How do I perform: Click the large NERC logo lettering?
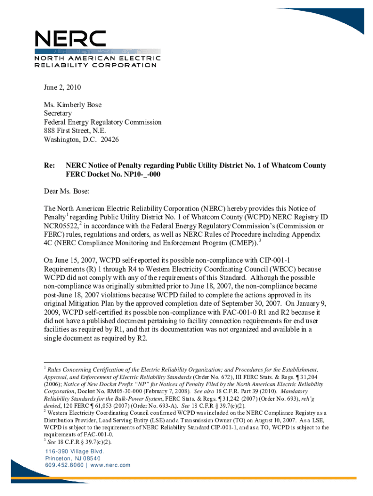(70, 39)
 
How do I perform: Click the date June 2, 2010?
(62, 88)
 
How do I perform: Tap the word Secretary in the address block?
(58, 113)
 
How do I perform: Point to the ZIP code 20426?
(109, 139)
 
